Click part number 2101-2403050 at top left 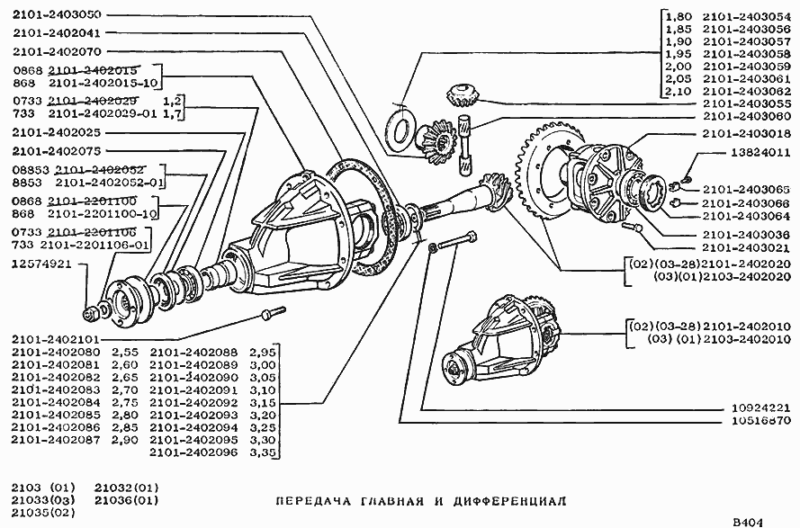coord(56,15)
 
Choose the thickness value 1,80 coord(677,15)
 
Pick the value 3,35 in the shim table coord(261,453)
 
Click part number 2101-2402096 coord(186,453)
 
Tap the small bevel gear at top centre coord(461,92)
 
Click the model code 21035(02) coord(39,513)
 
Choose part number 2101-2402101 coord(56,339)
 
